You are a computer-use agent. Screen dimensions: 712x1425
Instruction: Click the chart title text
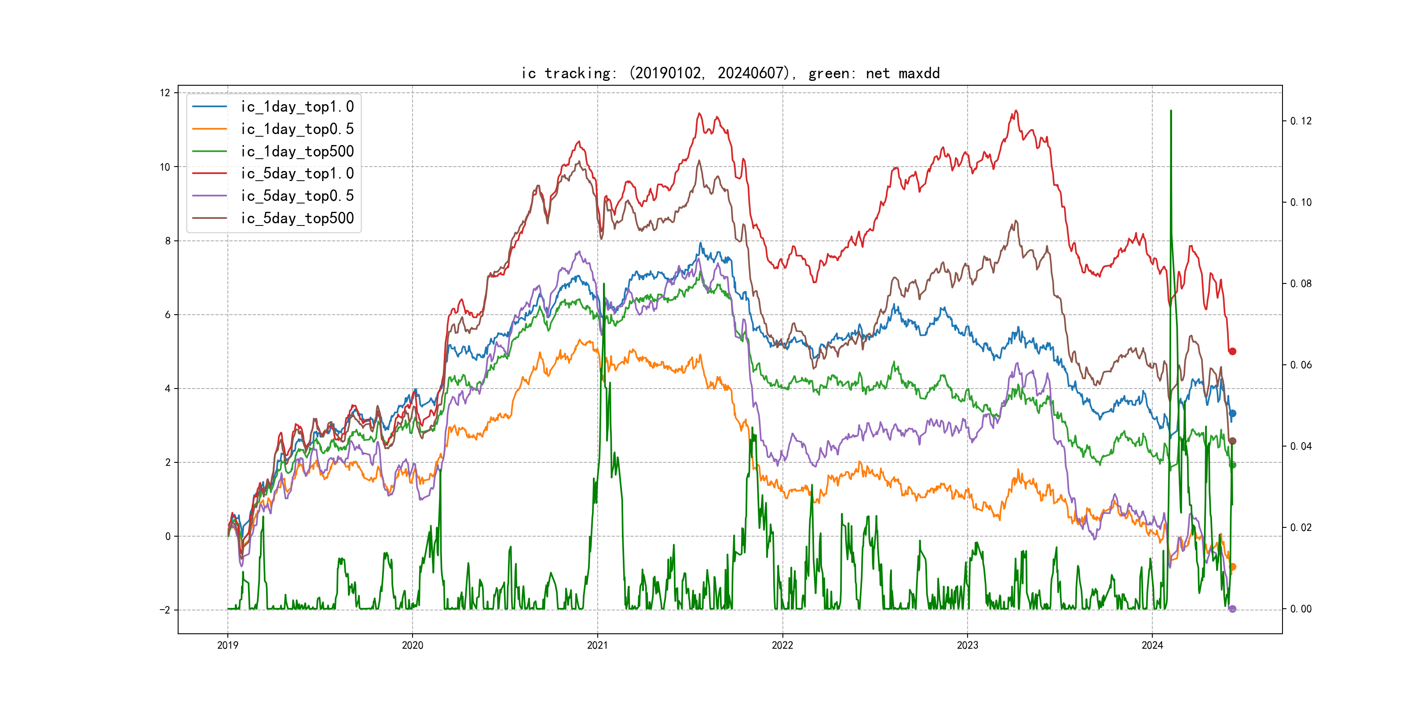[x=730, y=73]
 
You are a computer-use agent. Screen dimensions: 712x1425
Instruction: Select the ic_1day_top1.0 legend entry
[x=296, y=107]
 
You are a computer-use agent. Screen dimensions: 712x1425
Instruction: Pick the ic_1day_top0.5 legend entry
[x=296, y=129]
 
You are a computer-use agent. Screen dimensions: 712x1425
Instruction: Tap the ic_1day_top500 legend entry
[x=296, y=152]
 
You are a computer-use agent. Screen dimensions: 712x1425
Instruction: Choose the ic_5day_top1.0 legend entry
[x=296, y=174]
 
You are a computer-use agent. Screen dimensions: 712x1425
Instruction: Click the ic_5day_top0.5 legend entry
[x=296, y=196]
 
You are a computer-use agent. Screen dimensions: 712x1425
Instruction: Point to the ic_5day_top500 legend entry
[x=296, y=218]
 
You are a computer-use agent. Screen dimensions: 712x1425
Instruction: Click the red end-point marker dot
[x=1232, y=351]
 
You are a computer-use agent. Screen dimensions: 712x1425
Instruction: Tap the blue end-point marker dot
[x=1232, y=414]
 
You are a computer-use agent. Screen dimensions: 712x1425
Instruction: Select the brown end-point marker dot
[x=1232, y=441]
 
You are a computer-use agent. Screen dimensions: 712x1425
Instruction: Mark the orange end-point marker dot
[x=1232, y=567]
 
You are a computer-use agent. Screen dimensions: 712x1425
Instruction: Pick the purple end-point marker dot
[x=1232, y=609]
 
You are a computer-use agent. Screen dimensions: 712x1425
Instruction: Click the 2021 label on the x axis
[x=597, y=645]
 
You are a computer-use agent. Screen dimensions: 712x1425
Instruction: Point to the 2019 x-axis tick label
[x=227, y=645]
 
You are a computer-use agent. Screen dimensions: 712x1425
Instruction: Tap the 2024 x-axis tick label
[x=1152, y=645]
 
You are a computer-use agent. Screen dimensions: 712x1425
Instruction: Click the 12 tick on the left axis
[x=165, y=93]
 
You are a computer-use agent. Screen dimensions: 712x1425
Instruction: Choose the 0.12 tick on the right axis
[x=1301, y=121]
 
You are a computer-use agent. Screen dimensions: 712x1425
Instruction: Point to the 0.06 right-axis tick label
[x=1301, y=365]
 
